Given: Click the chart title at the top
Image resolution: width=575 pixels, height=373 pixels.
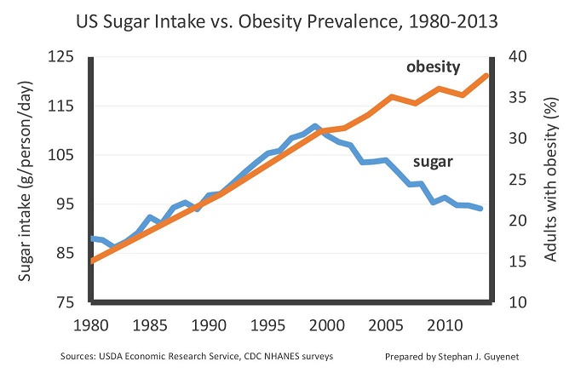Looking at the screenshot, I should click(x=287, y=18).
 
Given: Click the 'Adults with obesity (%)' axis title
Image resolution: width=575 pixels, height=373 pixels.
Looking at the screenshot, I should click(x=552, y=179).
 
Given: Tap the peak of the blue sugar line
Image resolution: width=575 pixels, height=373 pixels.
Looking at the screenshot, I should click(x=314, y=126).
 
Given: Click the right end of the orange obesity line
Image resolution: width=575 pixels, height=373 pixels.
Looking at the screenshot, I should click(x=486, y=76).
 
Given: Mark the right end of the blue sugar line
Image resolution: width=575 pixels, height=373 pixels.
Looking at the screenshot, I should click(x=481, y=209).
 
